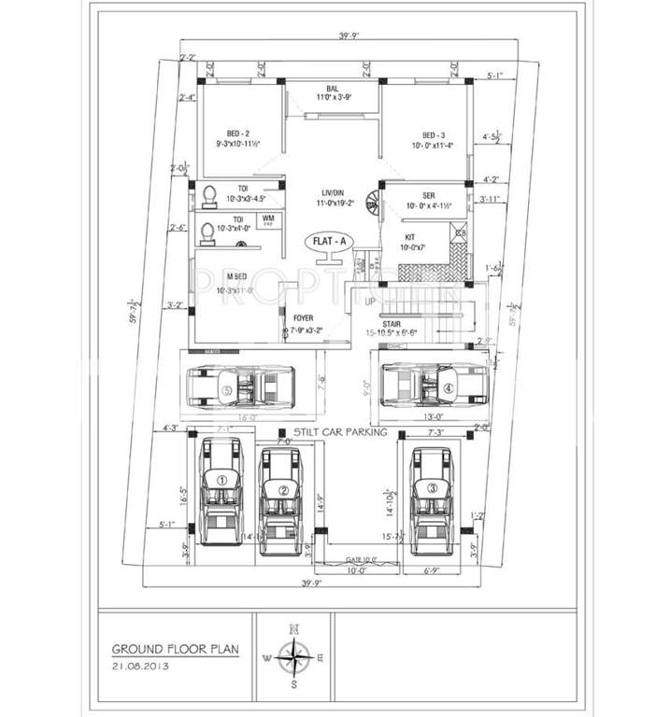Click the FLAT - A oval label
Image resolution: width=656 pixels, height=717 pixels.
[329, 242]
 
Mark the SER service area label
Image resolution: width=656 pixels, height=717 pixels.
[427, 195]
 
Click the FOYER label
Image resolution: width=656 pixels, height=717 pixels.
[302, 318]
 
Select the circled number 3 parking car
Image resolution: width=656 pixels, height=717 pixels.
[432, 487]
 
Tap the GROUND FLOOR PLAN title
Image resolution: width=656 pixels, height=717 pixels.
[169, 647]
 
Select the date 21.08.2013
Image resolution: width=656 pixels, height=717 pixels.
[143, 667]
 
